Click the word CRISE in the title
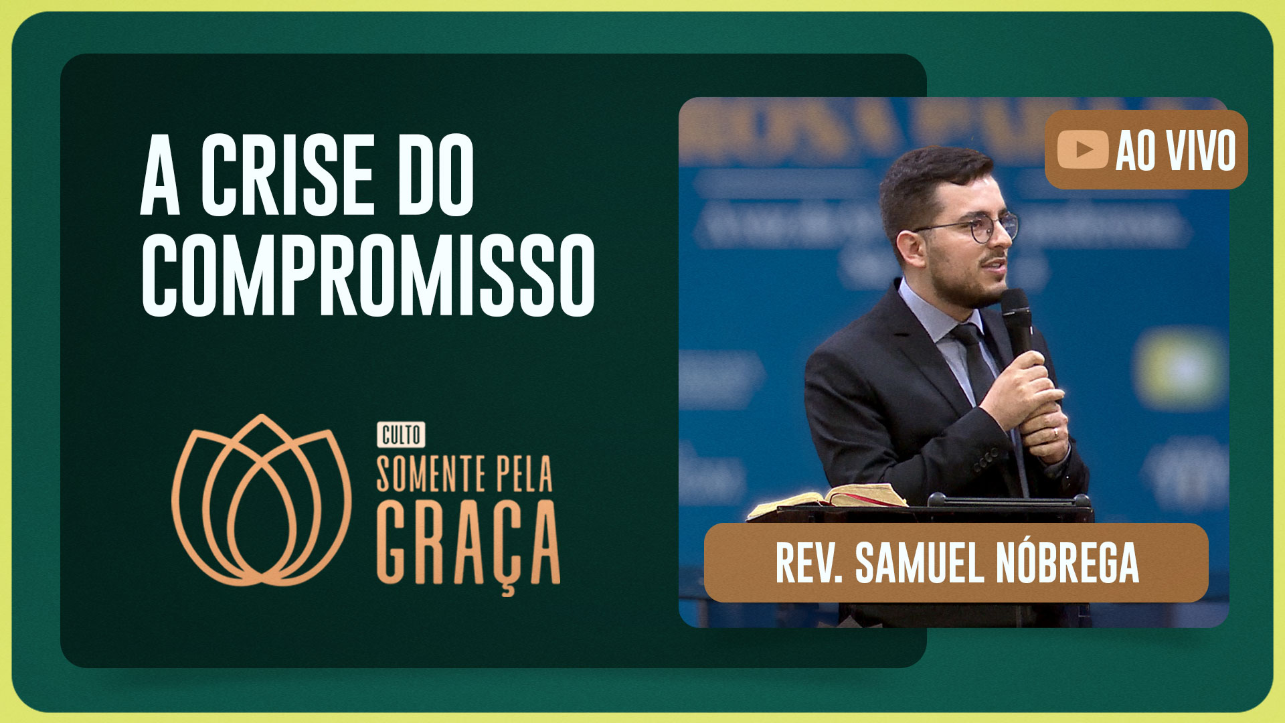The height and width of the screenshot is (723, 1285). [286, 175]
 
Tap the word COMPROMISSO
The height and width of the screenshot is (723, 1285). [367, 274]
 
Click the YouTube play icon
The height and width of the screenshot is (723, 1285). [1083, 149]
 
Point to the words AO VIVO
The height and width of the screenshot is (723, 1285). [1175, 151]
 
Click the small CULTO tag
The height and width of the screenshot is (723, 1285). [401, 435]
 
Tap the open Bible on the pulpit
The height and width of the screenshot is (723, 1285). [830, 499]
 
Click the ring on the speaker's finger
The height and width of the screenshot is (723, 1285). [1057, 432]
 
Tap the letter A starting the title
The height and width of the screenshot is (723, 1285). [161, 175]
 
